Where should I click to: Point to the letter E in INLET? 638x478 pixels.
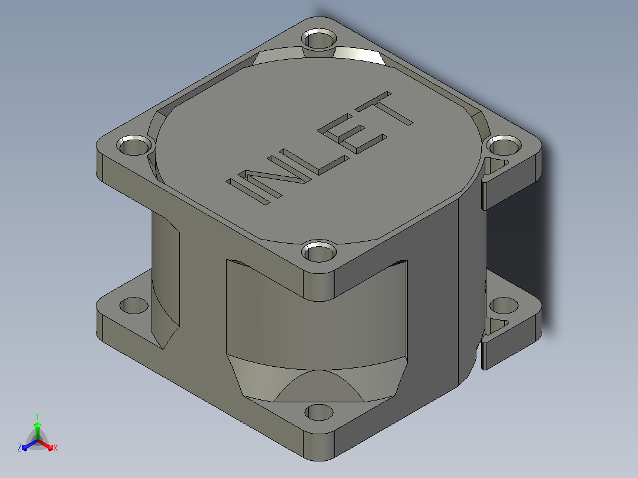pyautogui.click(x=352, y=134)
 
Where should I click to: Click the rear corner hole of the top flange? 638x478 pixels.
pyautogui.click(x=320, y=40)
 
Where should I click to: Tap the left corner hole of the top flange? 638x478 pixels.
pyautogui.click(x=135, y=146)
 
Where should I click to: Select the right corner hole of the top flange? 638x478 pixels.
pyautogui.click(x=504, y=146)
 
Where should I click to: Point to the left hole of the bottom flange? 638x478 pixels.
pyautogui.click(x=134, y=305)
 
